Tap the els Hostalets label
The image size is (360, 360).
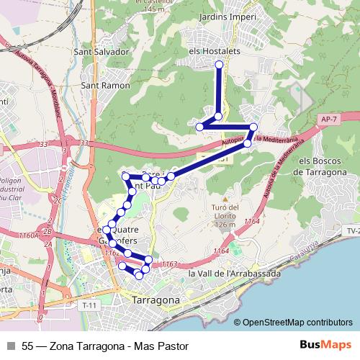[215, 52]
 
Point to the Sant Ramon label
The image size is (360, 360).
[107, 85]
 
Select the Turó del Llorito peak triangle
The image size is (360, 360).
[225, 199]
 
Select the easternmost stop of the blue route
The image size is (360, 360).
[253, 127]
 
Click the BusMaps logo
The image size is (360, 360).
[320, 345]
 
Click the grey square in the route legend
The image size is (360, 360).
[11, 346]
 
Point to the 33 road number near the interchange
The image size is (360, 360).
[86, 143]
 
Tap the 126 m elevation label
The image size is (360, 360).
[225, 225]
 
